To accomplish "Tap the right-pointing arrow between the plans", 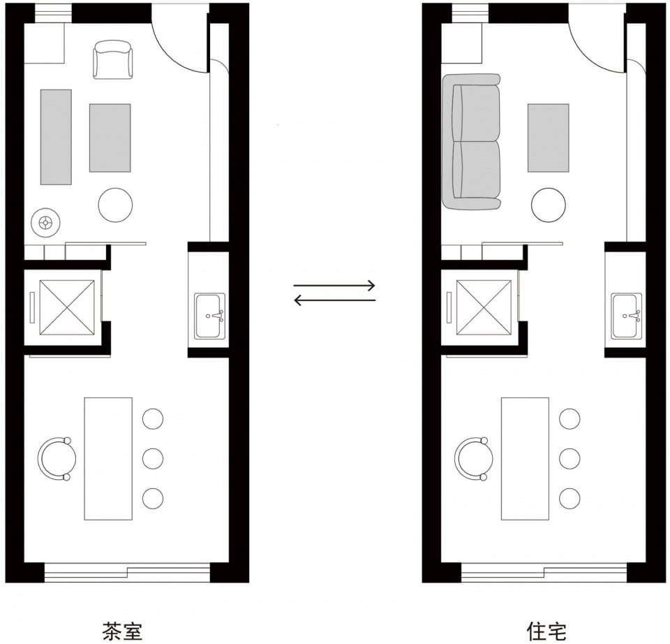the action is tap(334, 285).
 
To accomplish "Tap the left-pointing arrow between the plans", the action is tap(334, 300).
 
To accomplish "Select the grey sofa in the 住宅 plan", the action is tap(472, 142).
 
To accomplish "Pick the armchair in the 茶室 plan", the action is tap(113, 60).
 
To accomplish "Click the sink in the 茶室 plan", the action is tap(210, 316).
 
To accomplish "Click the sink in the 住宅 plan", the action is tap(627, 316).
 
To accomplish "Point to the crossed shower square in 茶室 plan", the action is tap(67, 307).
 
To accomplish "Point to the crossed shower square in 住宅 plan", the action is tap(484, 307).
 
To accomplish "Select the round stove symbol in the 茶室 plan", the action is tap(45, 222).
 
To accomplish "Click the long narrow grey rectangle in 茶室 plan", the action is tap(56, 137).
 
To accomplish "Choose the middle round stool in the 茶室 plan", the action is tap(153, 458).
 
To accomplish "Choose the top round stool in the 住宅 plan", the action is tap(569, 418).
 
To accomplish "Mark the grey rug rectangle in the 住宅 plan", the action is tap(549, 138).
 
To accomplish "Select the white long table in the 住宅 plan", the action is tap(525, 458).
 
